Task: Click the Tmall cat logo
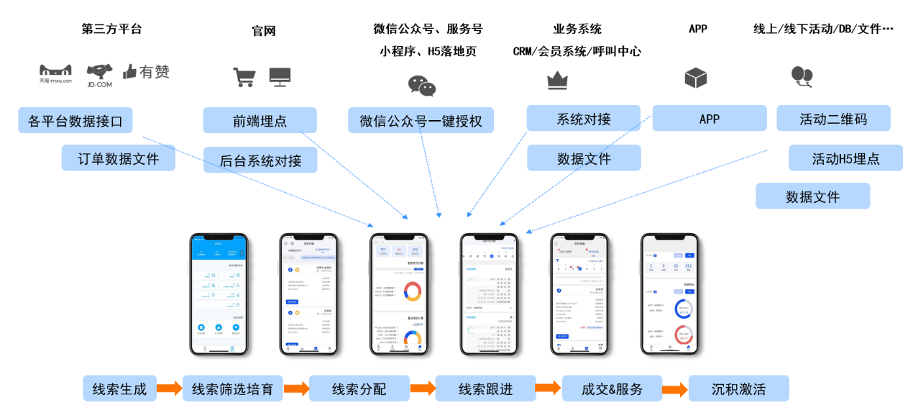pyautogui.click(x=55, y=72)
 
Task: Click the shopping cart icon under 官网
pyautogui.click(x=244, y=77)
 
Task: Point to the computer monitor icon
pyautogui.click(x=280, y=76)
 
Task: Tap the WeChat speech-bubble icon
pyautogui.click(x=422, y=86)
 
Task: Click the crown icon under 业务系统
pyautogui.click(x=557, y=81)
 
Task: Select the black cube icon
pyautogui.click(x=695, y=78)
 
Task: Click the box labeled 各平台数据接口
pyautogui.click(x=75, y=121)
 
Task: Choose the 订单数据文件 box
pyautogui.click(x=118, y=158)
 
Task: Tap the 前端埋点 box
pyautogui.click(x=260, y=121)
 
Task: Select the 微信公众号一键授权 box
pyautogui.click(x=421, y=121)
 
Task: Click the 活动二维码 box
pyautogui.click(x=833, y=119)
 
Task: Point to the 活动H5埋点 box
pyautogui.click(x=845, y=158)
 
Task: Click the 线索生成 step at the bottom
pyautogui.click(x=119, y=389)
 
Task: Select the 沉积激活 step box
pyautogui.click(x=738, y=389)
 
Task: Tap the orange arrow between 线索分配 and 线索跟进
pyautogui.click(x=423, y=389)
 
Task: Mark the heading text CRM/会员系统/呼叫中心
pyautogui.click(x=577, y=51)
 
